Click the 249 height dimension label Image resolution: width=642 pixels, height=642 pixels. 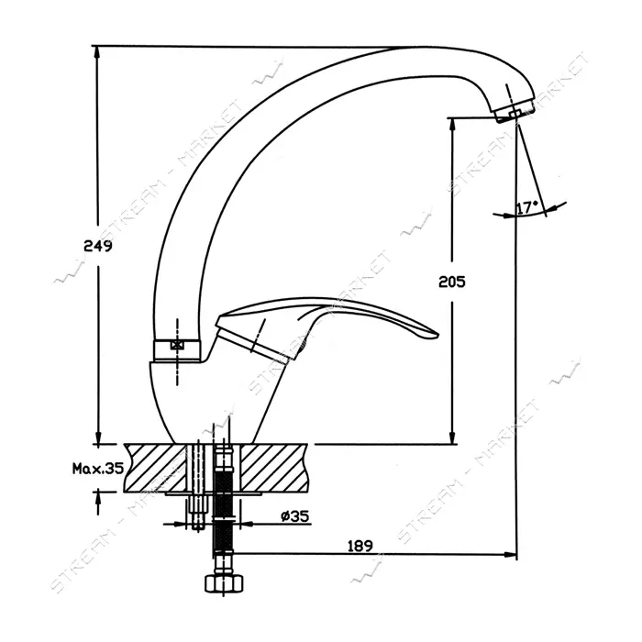pyautogui.click(x=98, y=246)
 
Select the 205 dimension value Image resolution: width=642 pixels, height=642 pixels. pyautogui.click(x=452, y=282)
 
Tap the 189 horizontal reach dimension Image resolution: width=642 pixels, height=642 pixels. pyautogui.click(x=360, y=546)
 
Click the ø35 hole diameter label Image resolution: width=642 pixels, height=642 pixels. pyautogui.click(x=294, y=515)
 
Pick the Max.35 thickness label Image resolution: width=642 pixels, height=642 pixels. pyautogui.click(x=98, y=468)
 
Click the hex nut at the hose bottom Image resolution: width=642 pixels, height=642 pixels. pyautogui.click(x=224, y=583)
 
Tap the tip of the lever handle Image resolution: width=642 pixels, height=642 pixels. pyautogui.click(x=437, y=336)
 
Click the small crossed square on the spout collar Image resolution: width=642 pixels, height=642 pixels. pyautogui.click(x=177, y=345)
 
